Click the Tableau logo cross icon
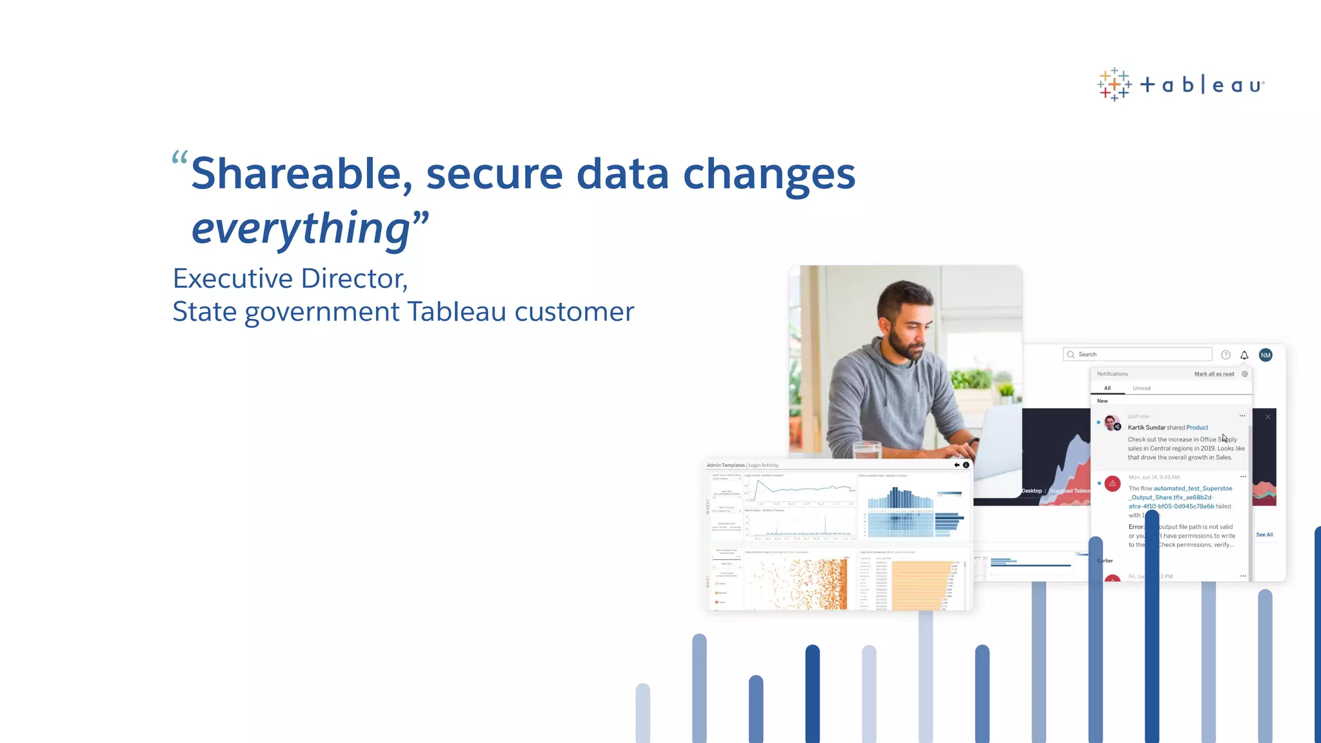click(x=1114, y=84)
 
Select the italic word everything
click(x=301, y=228)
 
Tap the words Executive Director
click(x=290, y=279)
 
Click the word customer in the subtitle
click(x=574, y=312)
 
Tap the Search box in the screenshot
click(x=1138, y=354)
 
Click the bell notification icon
click(x=1244, y=355)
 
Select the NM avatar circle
click(x=1266, y=355)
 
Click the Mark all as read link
click(x=1214, y=374)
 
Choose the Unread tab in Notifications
click(x=1141, y=388)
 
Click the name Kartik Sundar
click(x=1146, y=428)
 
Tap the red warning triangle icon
click(x=1112, y=483)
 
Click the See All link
click(x=1264, y=535)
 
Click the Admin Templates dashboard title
click(x=726, y=465)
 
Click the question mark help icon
click(x=1226, y=355)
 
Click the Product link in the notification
click(x=1197, y=428)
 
